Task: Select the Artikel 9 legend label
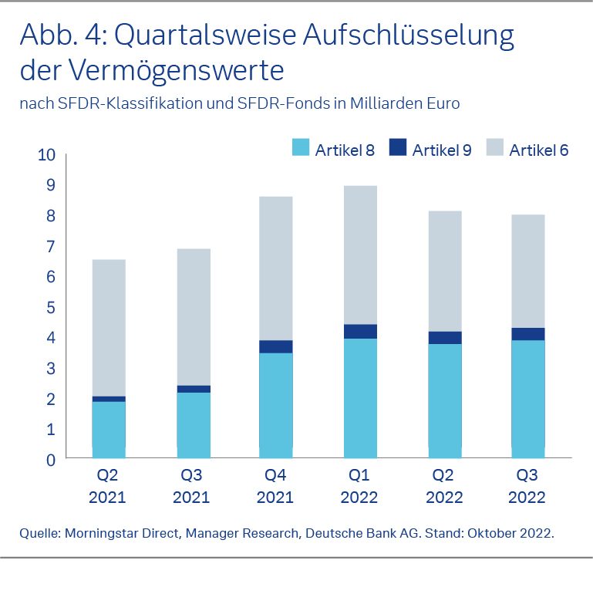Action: pos(442,150)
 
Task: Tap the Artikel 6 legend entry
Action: pos(538,150)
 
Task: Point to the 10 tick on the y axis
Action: pos(46,155)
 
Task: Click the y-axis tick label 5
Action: pos(51,307)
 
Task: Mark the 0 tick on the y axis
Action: pos(51,460)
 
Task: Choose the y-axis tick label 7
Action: pos(51,247)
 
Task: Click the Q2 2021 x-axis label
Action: pos(107,486)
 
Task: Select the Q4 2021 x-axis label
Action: pos(275,486)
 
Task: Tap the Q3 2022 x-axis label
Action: pos(527,486)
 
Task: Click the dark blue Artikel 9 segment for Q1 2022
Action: pos(360,332)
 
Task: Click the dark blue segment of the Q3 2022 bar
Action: pos(528,334)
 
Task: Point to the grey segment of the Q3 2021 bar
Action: pos(192,316)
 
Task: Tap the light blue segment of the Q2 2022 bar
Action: pos(444,401)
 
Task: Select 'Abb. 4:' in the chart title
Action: pos(62,35)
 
